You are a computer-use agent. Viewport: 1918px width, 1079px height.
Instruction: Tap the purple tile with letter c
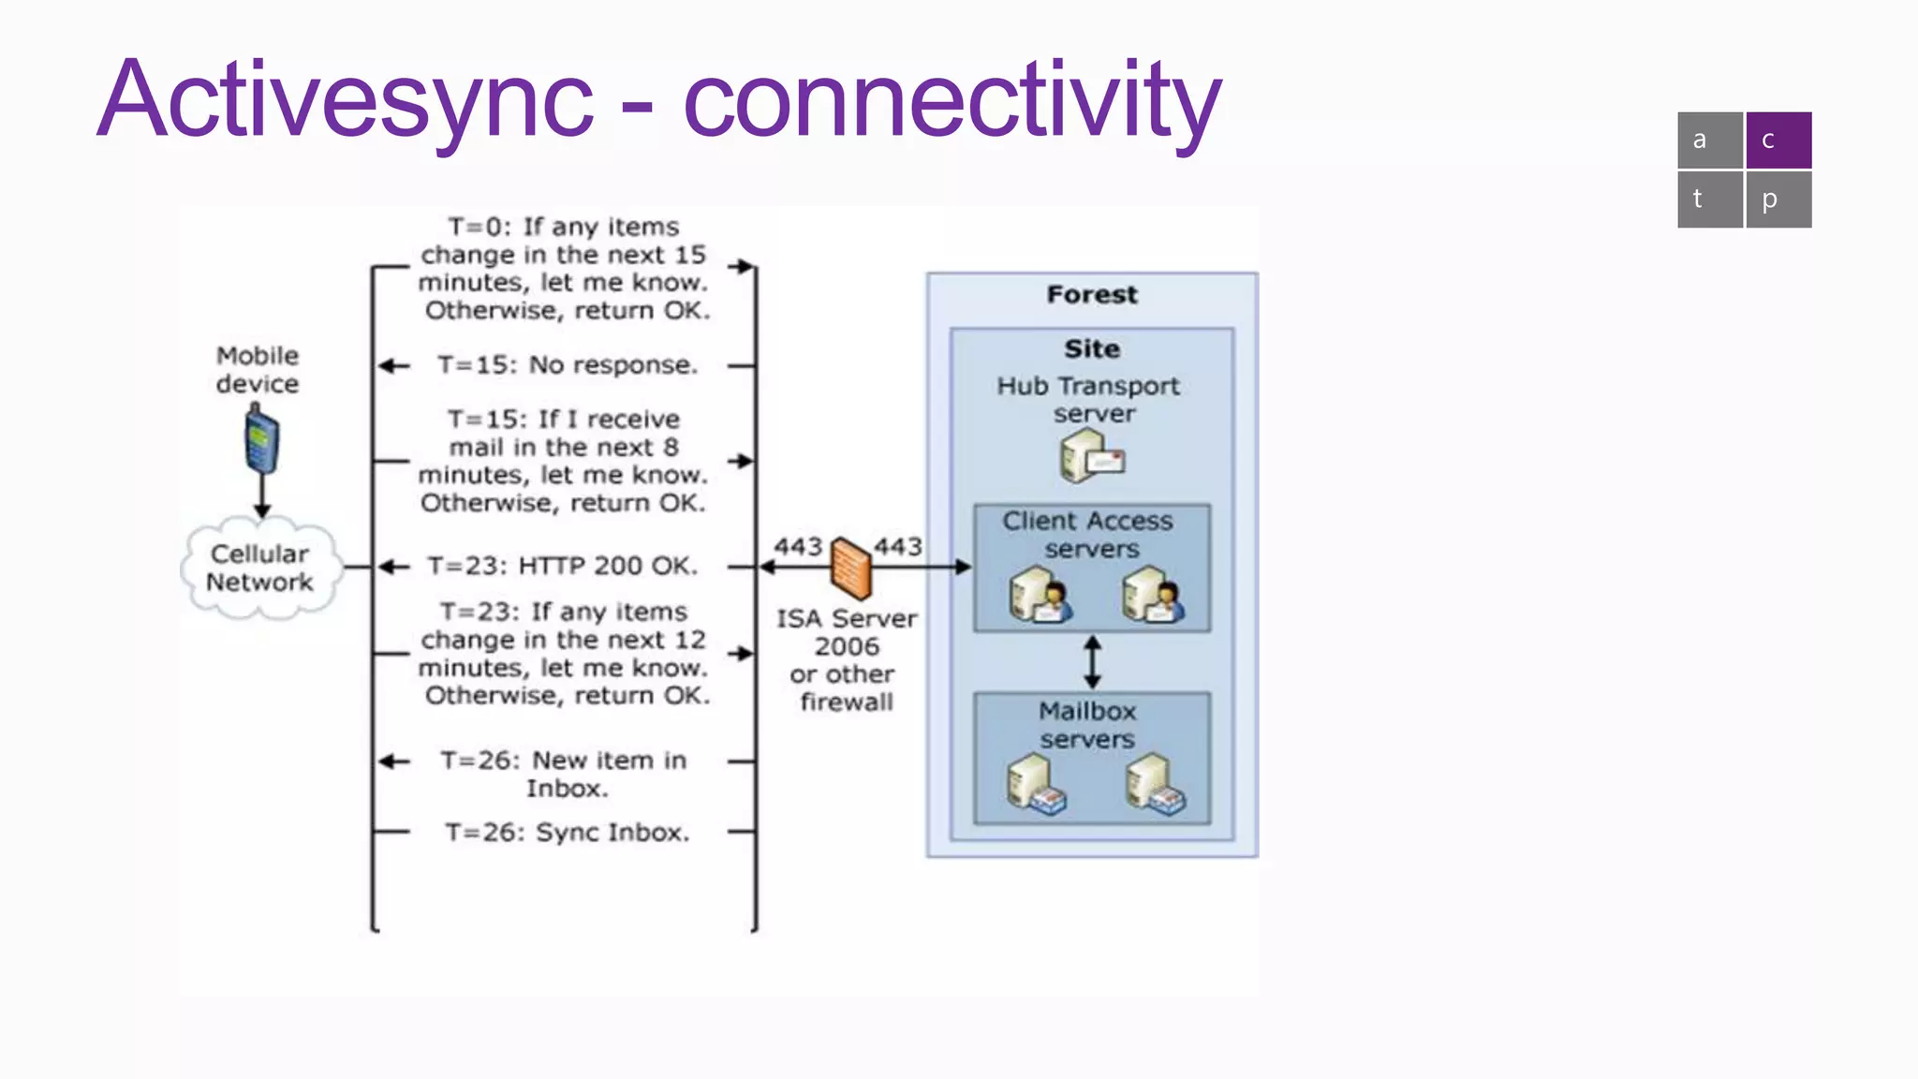tap(1778, 140)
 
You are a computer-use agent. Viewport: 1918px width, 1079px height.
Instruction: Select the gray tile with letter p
tap(1778, 200)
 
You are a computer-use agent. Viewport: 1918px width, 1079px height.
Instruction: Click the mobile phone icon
tap(261, 441)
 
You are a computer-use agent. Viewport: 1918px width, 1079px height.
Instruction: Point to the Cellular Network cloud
tap(259, 568)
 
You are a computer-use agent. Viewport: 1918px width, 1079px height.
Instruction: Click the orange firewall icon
tap(851, 568)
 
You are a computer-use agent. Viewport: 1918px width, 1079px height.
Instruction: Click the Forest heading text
tap(1092, 295)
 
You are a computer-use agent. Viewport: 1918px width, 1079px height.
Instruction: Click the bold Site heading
tap(1092, 349)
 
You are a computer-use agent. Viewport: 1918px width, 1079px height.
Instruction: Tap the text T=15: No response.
tap(568, 365)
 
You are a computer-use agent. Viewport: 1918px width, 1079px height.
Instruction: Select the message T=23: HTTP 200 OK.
tap(563, 566)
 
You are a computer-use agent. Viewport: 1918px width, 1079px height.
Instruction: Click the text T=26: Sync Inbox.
tap(568, 833)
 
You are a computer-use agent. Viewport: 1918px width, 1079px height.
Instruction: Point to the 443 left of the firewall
tap(798, 547)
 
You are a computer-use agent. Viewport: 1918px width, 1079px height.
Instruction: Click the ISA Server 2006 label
tap(847, 632)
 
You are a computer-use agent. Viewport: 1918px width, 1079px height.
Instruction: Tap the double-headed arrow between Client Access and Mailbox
tap(1092, 662)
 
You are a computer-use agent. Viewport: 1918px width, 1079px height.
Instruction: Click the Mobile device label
tap(258, 370)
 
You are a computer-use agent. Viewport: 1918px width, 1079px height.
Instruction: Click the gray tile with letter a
tap(1709, 140)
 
